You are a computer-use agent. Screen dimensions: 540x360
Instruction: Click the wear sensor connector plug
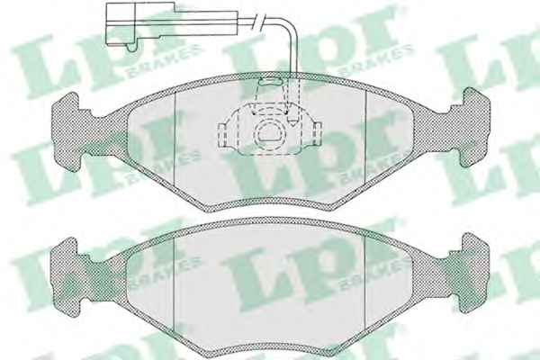pos(140,23)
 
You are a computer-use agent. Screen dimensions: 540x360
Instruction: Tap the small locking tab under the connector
pos(131,48)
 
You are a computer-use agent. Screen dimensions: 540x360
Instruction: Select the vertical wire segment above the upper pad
pos(292,55)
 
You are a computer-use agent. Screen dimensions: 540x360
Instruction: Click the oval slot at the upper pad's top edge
pos(270,81)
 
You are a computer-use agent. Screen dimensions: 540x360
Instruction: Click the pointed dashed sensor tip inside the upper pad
pos(293,121)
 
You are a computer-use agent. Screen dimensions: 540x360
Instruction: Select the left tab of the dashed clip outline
pos(223,135)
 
